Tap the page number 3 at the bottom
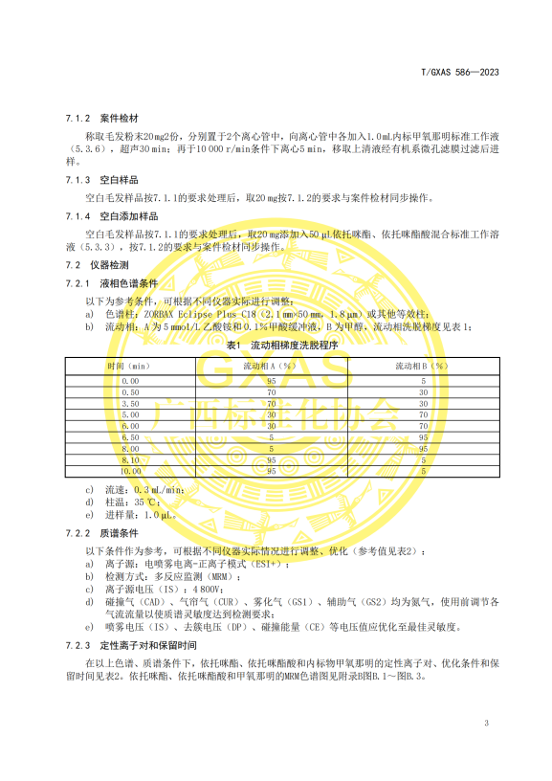click(x=486, y=724)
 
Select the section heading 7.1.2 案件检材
click(x=90, y=117)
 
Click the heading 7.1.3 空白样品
click(x=90, y=180)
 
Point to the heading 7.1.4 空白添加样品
click(x=98, y=216)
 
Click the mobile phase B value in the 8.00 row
click(x=423, y=448)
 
